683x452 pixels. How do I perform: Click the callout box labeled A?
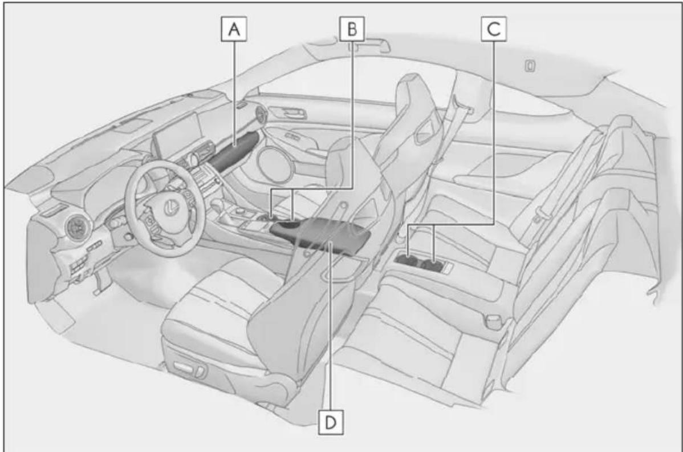click(x=234, y=29)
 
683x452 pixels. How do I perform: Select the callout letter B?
click(x=352, y=29)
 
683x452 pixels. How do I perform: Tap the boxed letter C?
click(x=494, y=29)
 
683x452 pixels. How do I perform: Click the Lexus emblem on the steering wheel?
click(x=171, y=208)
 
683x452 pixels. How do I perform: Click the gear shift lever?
click(x=217, y=205)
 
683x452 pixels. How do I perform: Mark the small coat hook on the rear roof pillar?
click(x=530, y=66)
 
